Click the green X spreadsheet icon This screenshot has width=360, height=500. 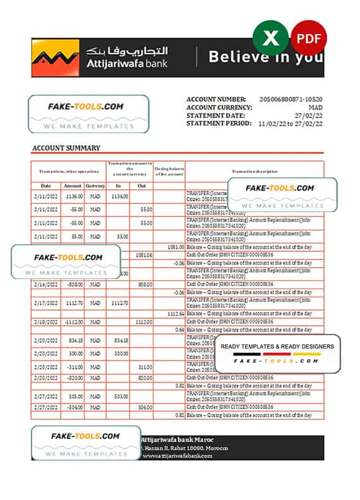tap(270, 39)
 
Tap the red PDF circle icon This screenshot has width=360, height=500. tap(309, 39)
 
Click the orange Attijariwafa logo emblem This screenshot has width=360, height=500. tap(55, 57)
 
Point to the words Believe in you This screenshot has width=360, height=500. tap(266, 57)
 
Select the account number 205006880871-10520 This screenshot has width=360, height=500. tap(291, 100)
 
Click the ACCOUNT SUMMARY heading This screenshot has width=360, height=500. tap(66, 148)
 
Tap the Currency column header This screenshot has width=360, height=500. tap(95, 186)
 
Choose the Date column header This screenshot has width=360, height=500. tap(46, 186)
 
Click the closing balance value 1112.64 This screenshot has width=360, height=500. tap(176, 314)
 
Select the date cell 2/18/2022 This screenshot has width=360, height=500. tap(46, 322)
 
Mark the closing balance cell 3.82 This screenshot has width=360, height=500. tap(179, 385)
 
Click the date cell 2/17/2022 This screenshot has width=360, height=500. tap(46, 302)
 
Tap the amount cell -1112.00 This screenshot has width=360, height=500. tap(73, 322)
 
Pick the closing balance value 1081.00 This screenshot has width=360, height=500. tap(176, 247)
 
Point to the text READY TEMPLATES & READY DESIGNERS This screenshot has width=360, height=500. tap(277, 347)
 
